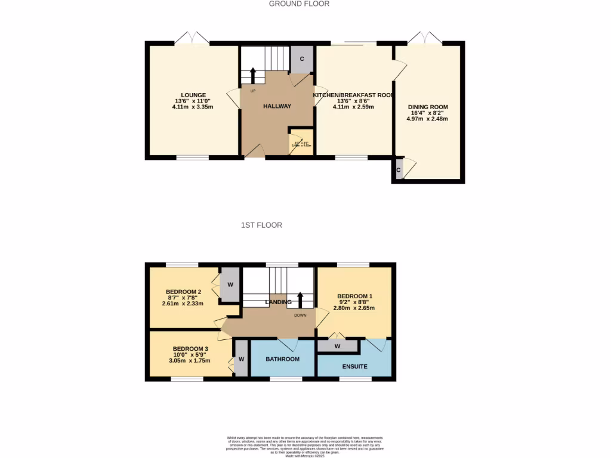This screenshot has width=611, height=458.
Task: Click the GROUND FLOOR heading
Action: coord(299,4)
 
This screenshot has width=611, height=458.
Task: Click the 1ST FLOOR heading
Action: coord(261,225)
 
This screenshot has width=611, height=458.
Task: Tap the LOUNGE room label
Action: coord(194,95)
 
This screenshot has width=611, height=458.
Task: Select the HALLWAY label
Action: coord(277,106)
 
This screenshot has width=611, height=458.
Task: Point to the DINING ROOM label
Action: coord(427,107)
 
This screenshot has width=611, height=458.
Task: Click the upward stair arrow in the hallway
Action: coord(253,75)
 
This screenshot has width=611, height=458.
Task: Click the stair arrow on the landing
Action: coord(300,297)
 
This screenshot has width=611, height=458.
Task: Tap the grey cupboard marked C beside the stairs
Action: coord(302,59)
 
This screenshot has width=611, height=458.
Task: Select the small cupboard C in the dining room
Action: coord(399,169)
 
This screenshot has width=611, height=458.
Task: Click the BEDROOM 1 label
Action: coord(355,296)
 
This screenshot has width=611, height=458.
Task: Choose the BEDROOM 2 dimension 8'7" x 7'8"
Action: coord(183,298)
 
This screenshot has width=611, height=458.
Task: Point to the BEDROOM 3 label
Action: coord(190,349)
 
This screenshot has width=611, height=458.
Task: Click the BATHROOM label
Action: coord(282,360)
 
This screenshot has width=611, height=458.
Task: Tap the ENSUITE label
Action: coord(355,366)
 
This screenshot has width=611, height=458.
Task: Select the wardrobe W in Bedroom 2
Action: coord(230,284)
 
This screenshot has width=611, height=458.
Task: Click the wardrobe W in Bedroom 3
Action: coord(241,359)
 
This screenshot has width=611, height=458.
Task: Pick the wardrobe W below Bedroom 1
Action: coord(338,346)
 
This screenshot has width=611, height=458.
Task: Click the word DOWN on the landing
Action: coord(300,315)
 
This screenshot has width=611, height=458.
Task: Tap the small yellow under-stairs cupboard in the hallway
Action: coord(297,141)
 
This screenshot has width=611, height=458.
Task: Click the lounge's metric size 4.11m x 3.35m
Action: coord(193,107)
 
